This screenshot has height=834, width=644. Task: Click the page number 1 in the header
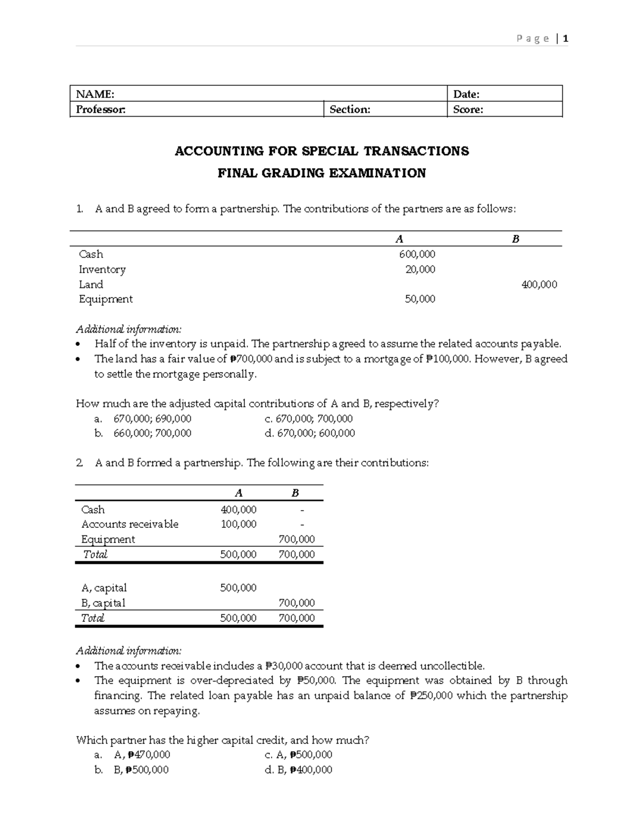566,39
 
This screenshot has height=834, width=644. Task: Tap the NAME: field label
95,95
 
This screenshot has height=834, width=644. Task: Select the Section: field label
349,110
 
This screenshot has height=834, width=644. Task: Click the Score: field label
468,110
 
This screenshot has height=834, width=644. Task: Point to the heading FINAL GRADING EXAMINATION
321,173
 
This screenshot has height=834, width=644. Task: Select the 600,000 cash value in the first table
417,254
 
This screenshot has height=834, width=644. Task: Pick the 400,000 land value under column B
539,285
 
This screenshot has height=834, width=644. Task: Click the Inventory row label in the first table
102,270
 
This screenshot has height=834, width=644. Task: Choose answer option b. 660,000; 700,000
144,433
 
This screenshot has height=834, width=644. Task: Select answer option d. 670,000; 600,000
310,433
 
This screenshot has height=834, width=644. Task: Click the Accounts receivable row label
130,524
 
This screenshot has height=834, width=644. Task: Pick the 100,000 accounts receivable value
238,524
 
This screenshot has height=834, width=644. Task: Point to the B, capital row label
103,603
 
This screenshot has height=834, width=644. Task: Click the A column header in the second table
239,493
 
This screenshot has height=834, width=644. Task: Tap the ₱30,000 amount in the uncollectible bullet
284,666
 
